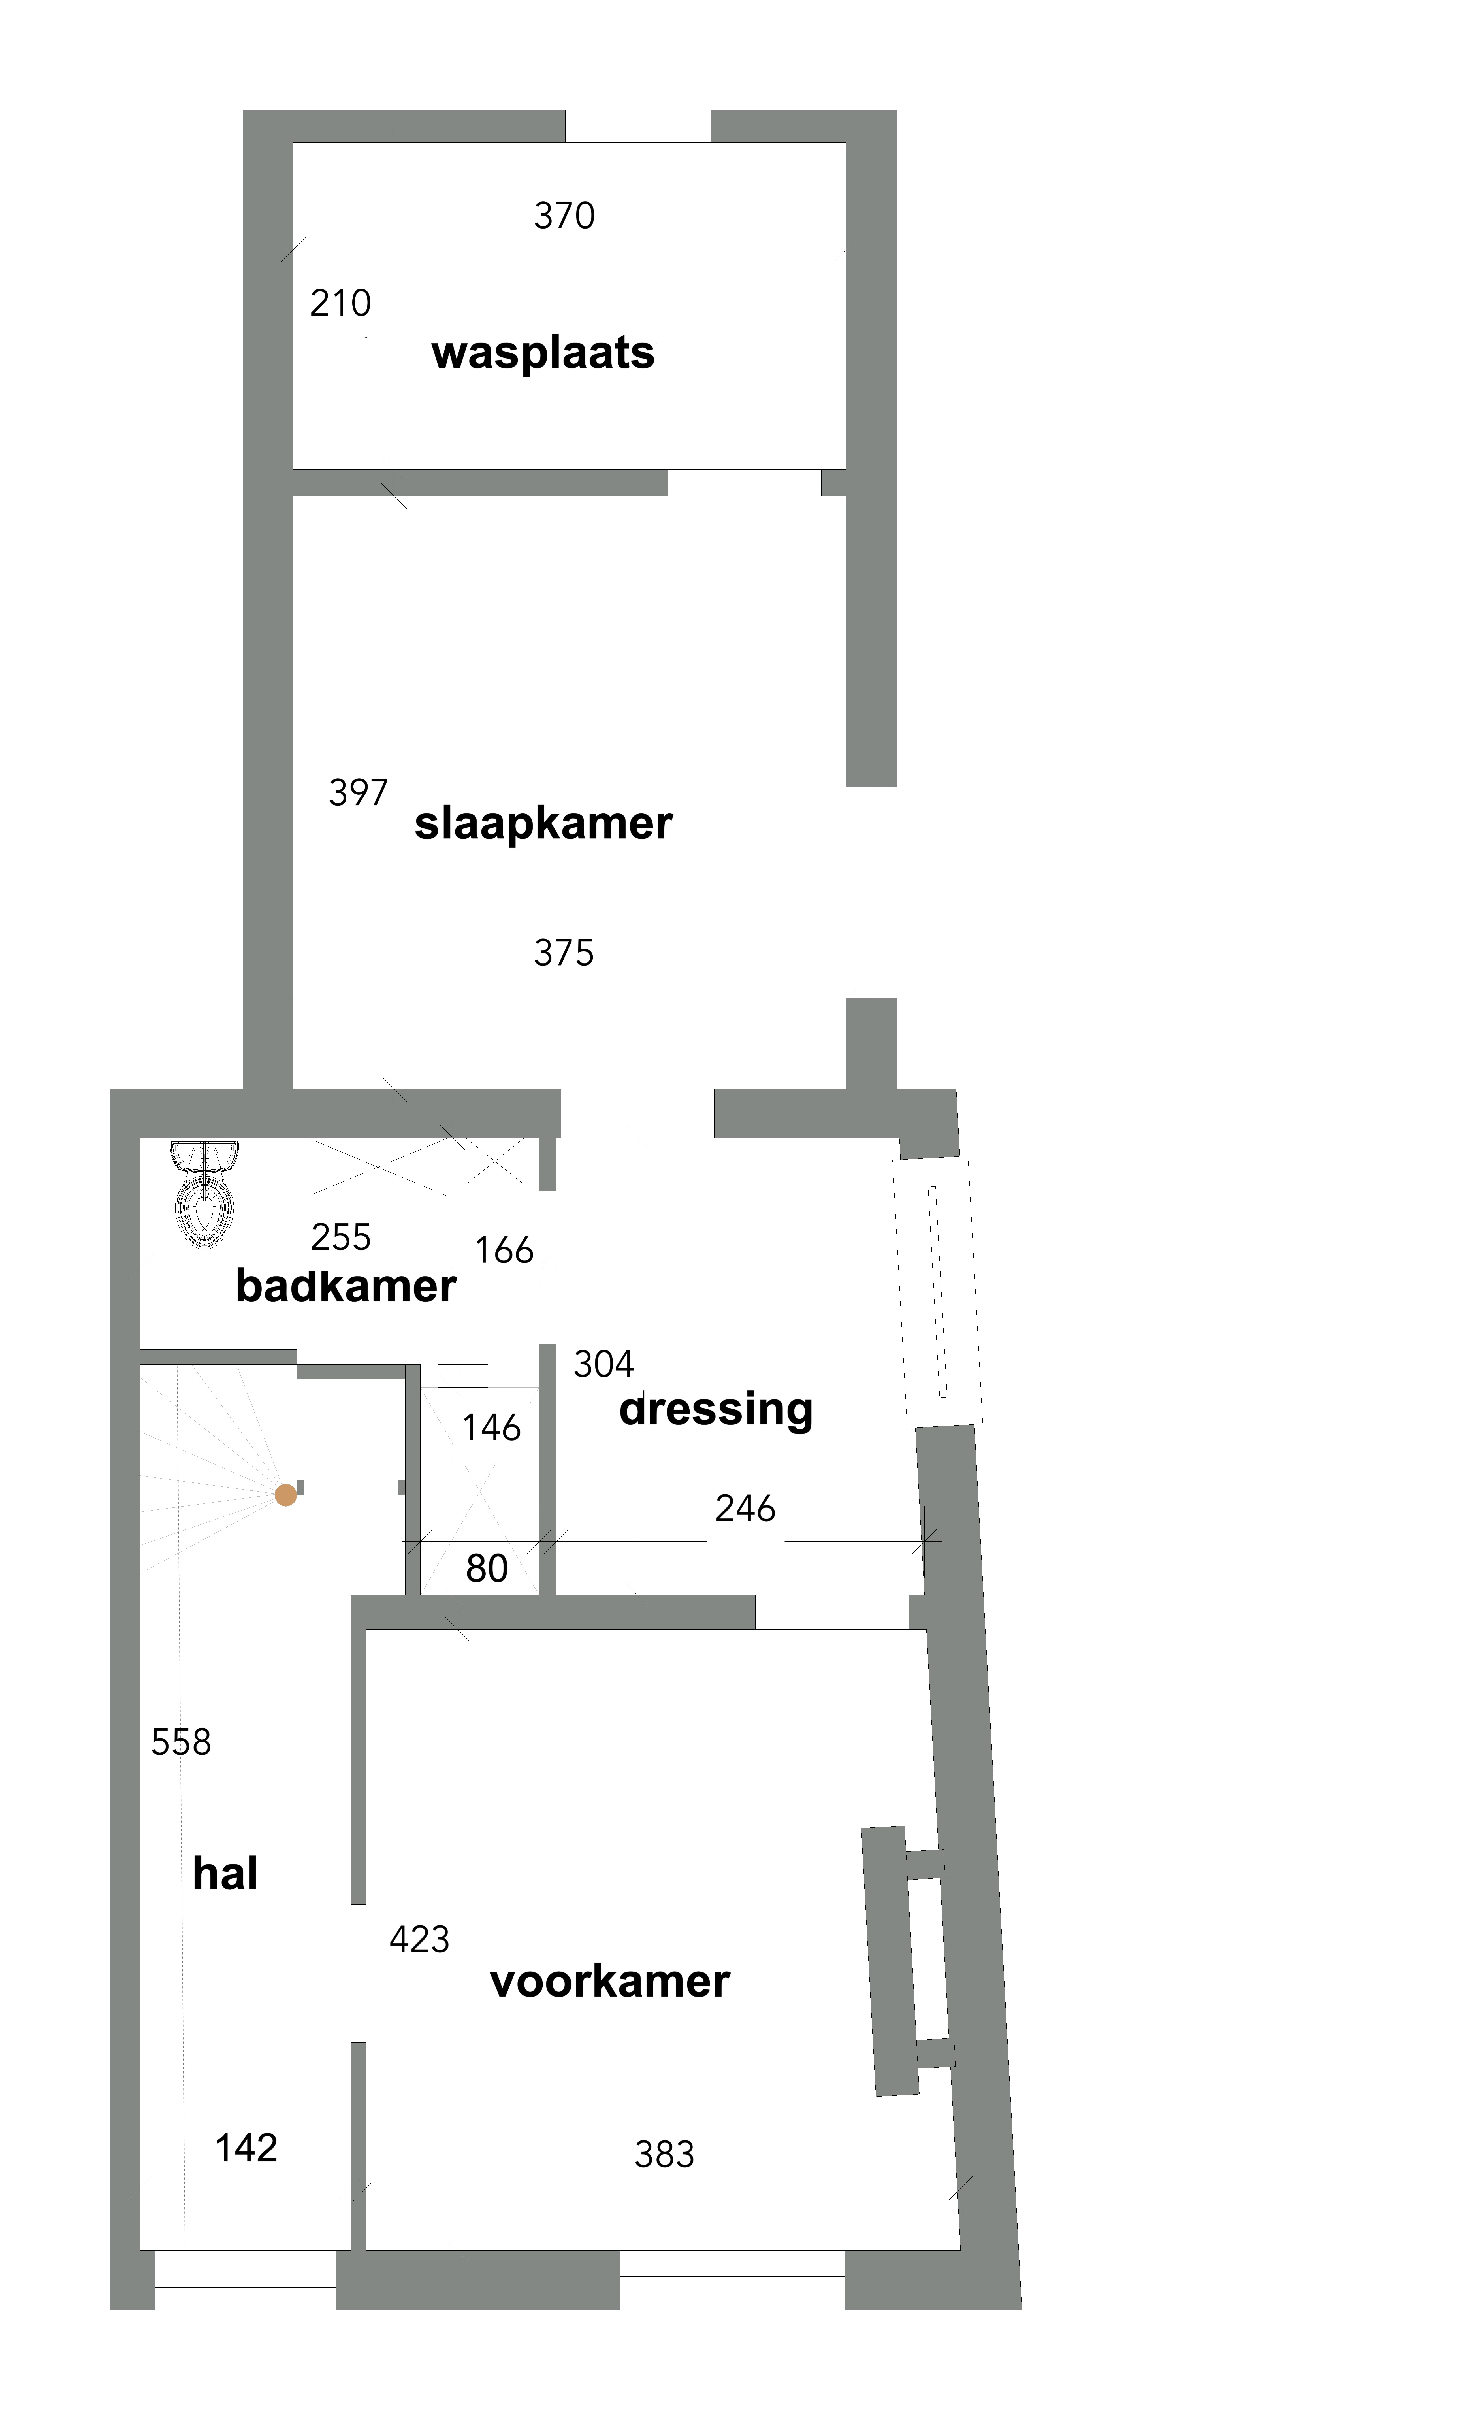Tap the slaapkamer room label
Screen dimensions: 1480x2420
point(543,823)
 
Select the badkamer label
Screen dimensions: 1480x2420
point(346,1286)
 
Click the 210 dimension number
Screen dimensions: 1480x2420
point(341,303)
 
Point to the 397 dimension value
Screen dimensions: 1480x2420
point(359,793)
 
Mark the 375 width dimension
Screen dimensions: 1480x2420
point(565,953)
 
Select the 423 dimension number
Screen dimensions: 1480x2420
point(419,1940)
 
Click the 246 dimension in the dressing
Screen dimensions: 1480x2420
point(745,1509)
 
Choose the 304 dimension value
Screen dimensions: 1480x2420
point(604,1364)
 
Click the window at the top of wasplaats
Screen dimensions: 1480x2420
point(638,127)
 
